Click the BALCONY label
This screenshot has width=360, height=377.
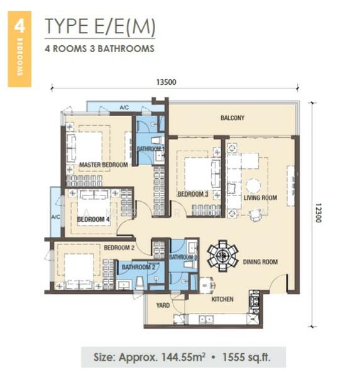pos(232,118)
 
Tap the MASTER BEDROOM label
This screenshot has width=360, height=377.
pos(104,165)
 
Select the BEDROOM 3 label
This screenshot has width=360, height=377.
pos(193,194)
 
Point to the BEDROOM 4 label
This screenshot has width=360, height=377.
pos(94,219)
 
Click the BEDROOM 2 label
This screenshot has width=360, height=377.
pos(119,248)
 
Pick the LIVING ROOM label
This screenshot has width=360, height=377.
pos(261,198)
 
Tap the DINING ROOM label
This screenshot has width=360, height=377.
pos(260,261)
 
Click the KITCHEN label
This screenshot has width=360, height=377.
pos(222,299)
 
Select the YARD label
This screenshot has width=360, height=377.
pos(163,305)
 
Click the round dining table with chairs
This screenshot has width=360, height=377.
pos(222,256)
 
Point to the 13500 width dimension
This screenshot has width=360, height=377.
pos(166,82)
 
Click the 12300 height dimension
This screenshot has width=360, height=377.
pos(318,213)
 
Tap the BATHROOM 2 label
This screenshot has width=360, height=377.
pos(138,267)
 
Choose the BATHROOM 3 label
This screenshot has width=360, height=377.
pos(183,257)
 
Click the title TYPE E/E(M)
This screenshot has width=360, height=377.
pos(100,26)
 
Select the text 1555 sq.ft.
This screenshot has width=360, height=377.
pos(246,357)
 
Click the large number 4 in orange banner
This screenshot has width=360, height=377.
pos(19,26)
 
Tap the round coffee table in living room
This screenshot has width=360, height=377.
pos(253,185)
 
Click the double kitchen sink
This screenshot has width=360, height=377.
pos(206,319)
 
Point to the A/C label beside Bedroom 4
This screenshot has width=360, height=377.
pos(55,217)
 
